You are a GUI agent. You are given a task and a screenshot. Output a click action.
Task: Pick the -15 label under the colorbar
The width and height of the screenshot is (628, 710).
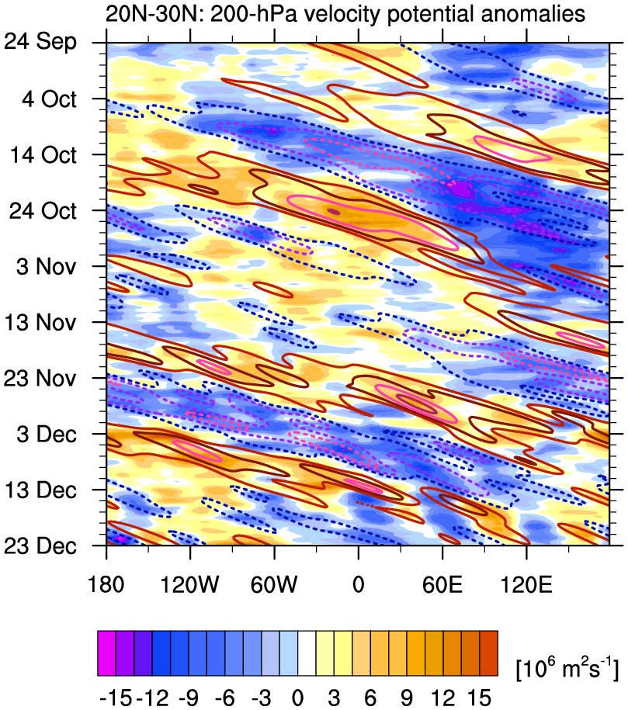click(x=114, y=698)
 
